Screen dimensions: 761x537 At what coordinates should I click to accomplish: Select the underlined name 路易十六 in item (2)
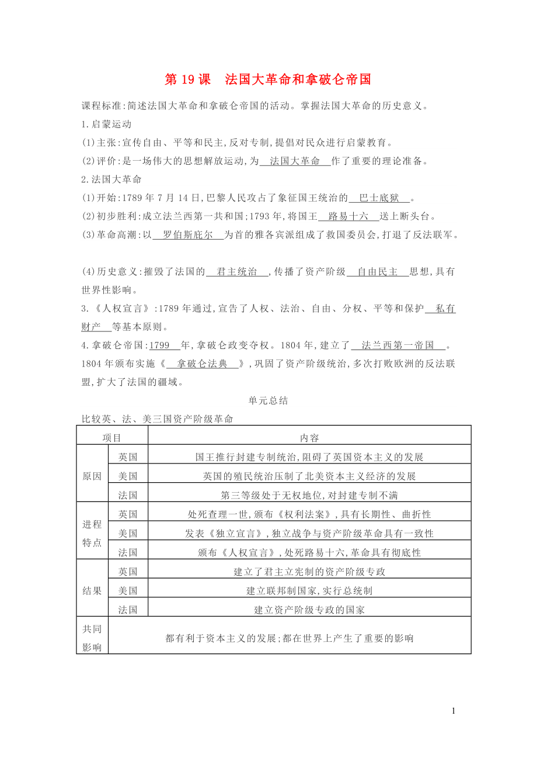[x=348, y=216]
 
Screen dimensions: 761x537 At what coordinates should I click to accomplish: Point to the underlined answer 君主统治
[x=237, y=272]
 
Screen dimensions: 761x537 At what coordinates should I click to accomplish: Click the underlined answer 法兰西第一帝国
[x=397, y=345]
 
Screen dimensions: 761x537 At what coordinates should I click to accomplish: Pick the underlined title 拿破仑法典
[x=203, y=364]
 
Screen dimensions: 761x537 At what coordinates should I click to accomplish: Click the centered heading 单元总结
[x=268, y=401]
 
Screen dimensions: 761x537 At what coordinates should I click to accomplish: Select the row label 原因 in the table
[x=92, y=476]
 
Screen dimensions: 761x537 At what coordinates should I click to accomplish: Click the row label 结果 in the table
[x=92, y=591]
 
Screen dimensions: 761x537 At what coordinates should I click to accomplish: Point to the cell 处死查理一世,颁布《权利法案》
[x=309, y=514]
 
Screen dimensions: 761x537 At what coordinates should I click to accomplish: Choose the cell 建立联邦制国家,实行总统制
[x=309, y=591]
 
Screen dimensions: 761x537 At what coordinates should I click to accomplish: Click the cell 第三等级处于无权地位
[x=309, y=495]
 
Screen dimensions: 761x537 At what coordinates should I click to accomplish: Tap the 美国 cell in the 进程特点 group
[x=128, y=533]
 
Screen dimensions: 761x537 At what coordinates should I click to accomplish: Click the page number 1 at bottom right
[x=454, y=711]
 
